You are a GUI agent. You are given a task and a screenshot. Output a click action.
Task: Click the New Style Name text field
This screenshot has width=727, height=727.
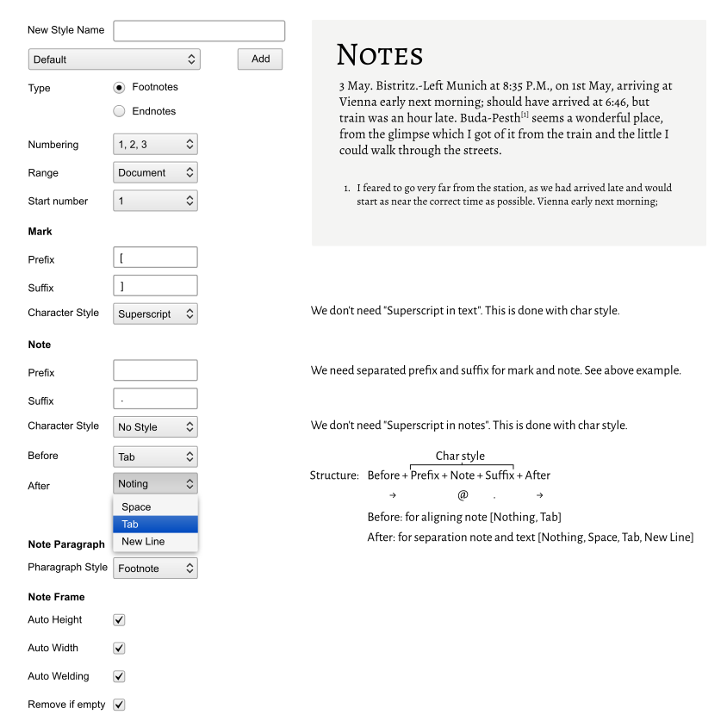pos(199,31)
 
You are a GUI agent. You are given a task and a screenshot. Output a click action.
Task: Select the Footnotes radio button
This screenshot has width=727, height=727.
pos(120,88)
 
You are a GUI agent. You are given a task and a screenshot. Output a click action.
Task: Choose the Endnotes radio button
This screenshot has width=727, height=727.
pos(120,111)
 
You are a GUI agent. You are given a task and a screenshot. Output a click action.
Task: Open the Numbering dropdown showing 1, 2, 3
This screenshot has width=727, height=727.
pos(155,145)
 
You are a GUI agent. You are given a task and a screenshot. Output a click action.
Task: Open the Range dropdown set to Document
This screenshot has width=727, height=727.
pos(155,172)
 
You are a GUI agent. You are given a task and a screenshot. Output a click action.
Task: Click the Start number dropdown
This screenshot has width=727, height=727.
pos(155,201)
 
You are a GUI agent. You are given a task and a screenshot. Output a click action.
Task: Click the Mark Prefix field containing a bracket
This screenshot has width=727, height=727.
pos(155,258)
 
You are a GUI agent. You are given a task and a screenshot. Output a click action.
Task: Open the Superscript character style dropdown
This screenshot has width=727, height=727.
pos(155,314)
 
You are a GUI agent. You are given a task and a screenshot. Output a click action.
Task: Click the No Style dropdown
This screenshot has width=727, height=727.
pos(155,426)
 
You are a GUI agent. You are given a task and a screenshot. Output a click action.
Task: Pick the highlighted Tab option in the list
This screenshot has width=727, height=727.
pos(155,525)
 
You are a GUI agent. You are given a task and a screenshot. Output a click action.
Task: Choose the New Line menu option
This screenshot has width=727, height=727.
pos(155,542)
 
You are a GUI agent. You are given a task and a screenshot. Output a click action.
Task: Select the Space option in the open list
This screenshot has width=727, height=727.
pos(155,507)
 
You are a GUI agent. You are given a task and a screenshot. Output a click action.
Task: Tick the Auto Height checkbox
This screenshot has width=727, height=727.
pos(120,620)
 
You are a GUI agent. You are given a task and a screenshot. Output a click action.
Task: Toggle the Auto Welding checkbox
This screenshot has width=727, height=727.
pos(120,676)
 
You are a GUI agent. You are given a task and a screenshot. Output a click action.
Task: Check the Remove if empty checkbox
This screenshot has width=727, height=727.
pos(120,705)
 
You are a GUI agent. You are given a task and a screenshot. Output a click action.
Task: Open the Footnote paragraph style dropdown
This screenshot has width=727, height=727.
pos(155,569)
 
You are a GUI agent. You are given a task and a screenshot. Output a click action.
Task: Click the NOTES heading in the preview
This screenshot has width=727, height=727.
pos(380,56)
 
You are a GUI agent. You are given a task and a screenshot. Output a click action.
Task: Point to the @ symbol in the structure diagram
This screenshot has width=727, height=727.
pos(463,495)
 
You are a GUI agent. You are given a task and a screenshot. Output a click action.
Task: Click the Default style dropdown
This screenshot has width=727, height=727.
pos(114,59)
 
